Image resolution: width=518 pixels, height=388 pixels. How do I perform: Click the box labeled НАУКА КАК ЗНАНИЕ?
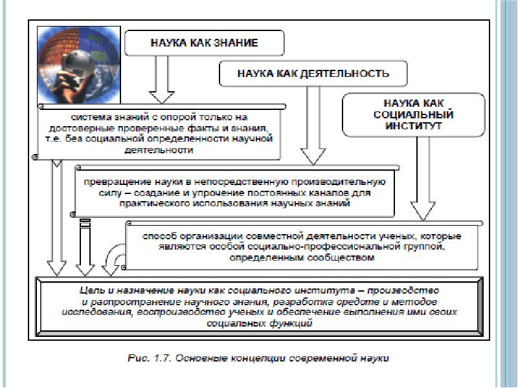(205, 44)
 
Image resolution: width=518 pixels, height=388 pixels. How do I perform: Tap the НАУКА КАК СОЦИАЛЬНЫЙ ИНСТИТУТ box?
(413, 114)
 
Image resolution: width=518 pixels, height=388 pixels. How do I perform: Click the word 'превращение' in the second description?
(110, 182)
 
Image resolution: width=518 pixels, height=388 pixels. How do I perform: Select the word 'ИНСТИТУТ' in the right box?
(413, 125)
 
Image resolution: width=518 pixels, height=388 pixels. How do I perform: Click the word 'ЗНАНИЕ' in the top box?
(236, 44)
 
